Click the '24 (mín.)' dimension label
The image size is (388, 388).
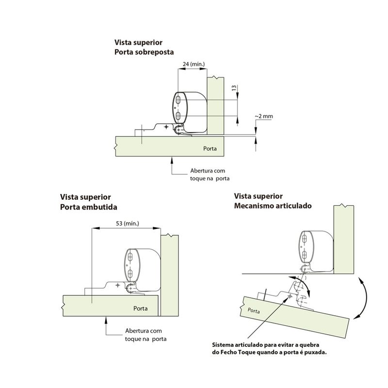click(194, 64)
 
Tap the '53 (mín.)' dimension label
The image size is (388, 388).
click(128, 224)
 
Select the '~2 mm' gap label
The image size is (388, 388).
click(264, 116)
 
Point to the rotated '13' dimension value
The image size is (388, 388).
click(234, 88)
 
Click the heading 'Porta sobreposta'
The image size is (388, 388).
click(144, 52)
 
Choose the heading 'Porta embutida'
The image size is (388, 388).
click(89, 207)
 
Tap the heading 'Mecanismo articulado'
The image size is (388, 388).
click(273, 206)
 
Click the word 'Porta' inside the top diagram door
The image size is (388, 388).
click(210, 148)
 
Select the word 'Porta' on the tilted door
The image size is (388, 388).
click(254, 310)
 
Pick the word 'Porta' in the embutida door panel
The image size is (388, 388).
click(140, 308)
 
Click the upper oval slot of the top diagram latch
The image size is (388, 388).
click(178, 100)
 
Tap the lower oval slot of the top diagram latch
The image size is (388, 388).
click(178, 115)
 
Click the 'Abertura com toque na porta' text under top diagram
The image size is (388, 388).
click(210, 175)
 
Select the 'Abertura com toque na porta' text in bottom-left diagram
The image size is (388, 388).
click(146, 335)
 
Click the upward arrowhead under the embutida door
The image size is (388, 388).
click(106, 320)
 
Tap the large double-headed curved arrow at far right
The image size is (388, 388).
click(364, 298)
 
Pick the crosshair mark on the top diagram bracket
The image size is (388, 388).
click(166, 127)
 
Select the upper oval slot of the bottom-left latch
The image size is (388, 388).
click(130, 258)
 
